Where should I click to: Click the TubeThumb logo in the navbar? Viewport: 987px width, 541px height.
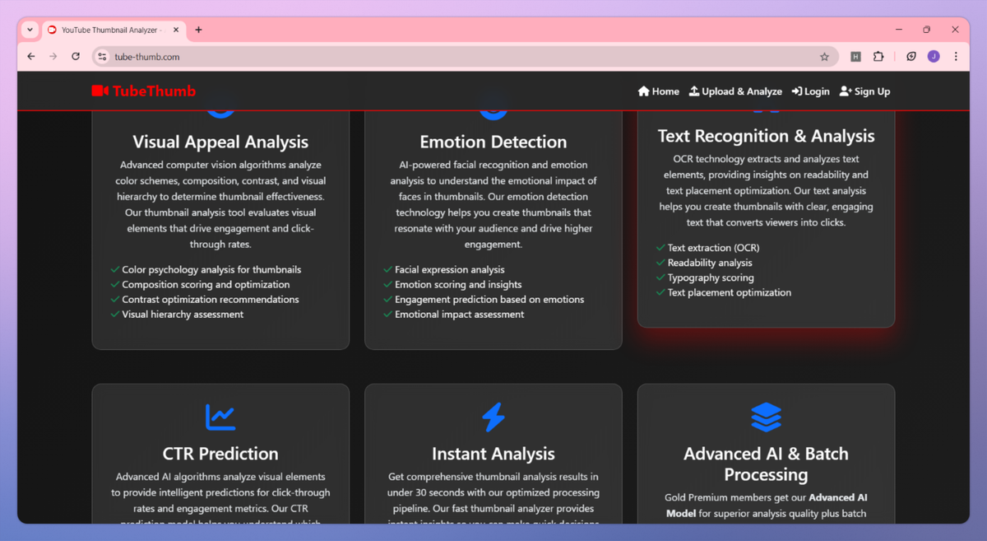pos(144,91)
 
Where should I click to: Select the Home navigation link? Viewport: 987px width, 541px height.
pos(659,91)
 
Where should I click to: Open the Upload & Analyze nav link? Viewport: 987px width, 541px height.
pos(735,91)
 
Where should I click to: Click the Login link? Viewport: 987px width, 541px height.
pos(810,91)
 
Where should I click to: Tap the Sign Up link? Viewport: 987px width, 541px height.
pos(864,91)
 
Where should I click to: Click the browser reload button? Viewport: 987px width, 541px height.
pos(76,57)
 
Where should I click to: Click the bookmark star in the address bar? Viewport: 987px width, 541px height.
pos(824,57)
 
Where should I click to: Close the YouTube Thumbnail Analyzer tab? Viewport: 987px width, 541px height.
pos(176,30)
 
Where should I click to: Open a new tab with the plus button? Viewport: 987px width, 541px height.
pos(198,30)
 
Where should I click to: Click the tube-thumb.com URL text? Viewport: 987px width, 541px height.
pos(147,57)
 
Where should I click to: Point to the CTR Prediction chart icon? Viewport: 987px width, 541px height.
pos(220,417)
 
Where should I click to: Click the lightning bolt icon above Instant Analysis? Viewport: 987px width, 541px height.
pos(493,417)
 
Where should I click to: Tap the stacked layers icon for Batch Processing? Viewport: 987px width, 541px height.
pos(766,417)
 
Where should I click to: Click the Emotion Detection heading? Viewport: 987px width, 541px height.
pos(493,142)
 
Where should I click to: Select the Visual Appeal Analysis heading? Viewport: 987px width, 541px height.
pos(220,142)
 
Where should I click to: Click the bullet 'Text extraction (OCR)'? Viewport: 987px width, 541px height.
pos(713,248)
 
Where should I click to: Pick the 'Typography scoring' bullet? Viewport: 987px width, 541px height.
pos(711,277)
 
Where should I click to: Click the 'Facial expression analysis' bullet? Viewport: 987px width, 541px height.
pos(450,270)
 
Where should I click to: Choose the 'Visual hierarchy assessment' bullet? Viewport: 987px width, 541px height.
pos(183,315)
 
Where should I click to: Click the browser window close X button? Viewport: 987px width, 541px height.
pos(955,30)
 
